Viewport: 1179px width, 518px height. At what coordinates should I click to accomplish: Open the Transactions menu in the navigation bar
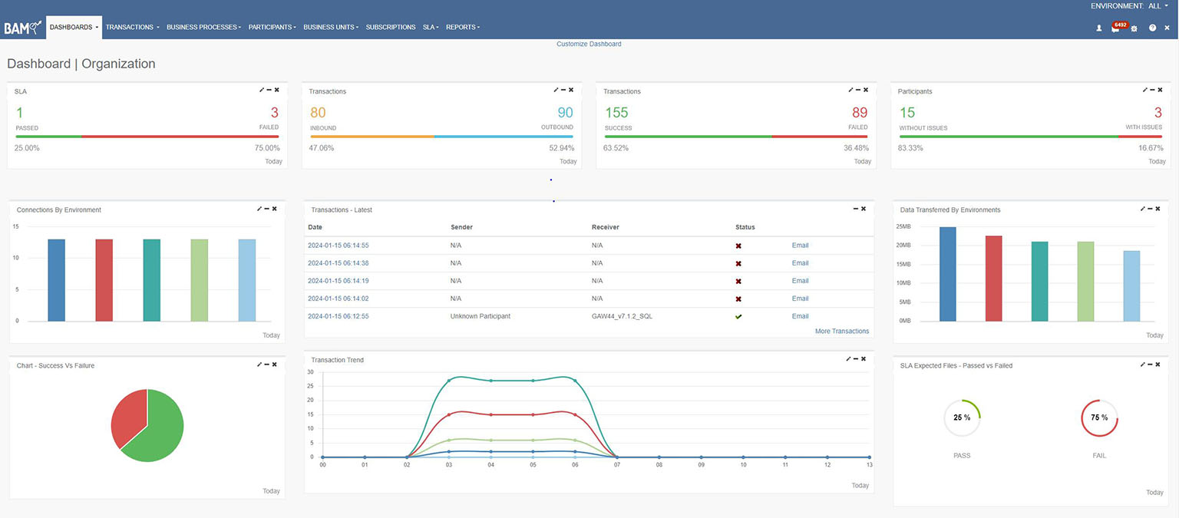tap(132, 27)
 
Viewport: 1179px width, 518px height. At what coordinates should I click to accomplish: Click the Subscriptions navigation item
tap(391, 27)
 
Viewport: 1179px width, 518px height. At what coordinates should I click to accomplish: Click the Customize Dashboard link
tap(589, 44)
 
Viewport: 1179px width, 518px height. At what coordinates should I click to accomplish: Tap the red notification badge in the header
tap(1120, 25)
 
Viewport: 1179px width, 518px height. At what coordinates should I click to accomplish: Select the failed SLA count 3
tap(274, 112)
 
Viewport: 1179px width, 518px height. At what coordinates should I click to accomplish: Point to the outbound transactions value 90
tap(565, 112)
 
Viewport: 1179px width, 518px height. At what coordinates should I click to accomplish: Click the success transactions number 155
tap(616, 112)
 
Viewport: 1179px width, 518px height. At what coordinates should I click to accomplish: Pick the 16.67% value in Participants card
tap(1151, 148)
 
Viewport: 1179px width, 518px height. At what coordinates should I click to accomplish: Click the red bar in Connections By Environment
tap(104, 280)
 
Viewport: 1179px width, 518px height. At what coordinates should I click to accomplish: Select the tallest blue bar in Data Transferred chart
tap(947, 274)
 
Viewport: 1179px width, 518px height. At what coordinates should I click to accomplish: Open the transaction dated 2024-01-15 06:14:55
tap(338, 246)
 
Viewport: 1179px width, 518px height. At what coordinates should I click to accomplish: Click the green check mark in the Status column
tap(738, 316)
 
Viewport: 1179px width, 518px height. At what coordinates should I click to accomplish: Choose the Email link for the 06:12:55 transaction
tap(800, 316)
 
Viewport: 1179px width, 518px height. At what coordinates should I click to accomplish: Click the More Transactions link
tap(841, 331)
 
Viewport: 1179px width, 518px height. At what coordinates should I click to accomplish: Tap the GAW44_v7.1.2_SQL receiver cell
tap(622, 316)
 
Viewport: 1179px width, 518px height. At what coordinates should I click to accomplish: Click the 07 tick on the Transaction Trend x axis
tap(617, 465)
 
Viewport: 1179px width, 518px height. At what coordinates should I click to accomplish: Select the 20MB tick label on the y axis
tap(903, 246)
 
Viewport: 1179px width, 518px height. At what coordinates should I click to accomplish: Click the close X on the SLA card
tap(277, 90)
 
